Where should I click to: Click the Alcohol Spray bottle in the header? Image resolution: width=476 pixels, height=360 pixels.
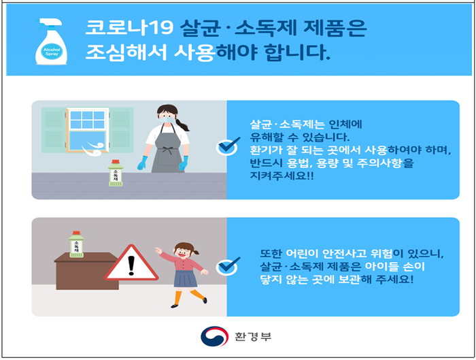(x=51, y=42)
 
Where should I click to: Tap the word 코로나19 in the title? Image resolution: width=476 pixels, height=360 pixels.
(x=129, y=29)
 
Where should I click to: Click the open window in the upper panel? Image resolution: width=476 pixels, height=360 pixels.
(x=88, y=130)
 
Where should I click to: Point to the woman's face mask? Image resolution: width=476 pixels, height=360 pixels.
(x=167, y=119)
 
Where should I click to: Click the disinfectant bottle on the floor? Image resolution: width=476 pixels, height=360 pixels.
(x=116, y=173)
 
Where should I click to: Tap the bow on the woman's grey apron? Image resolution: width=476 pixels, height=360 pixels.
(x=167, y=150)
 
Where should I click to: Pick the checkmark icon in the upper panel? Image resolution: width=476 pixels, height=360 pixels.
(x=228, y=147)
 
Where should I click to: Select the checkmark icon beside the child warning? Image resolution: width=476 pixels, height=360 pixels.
(x=228, y=267)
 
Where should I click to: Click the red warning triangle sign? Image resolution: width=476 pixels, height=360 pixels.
(x=131, y=263)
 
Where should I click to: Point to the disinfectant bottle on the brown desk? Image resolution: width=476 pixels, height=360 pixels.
(x=76, y=244)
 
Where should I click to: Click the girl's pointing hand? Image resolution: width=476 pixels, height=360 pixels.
(x=158, y=250)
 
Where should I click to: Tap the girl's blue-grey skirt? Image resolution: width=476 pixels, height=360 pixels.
(x=186, y=279)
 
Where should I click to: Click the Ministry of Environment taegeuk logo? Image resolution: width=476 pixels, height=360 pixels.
(x=214, y=336)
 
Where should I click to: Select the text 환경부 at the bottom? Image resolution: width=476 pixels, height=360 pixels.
(x=253, y=337)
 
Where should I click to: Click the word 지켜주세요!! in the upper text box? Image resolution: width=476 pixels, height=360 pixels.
(x=282, y=176)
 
